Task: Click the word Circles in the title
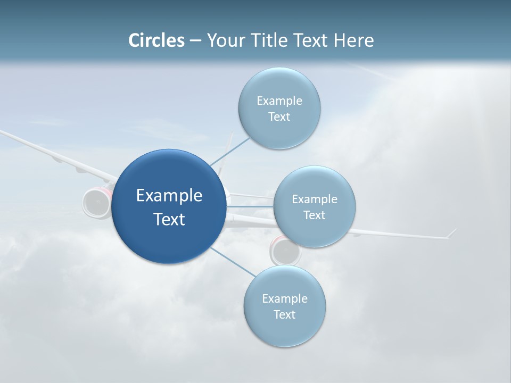pos(156,40)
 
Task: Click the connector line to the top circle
pos(230,151)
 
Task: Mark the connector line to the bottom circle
pos(232,262)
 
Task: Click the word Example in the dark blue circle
pos(169,196)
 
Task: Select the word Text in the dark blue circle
pos(169,219)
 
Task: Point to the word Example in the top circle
pos(279,101)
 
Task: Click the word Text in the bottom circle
pos(284,314)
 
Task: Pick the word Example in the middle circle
pos(314,199)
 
